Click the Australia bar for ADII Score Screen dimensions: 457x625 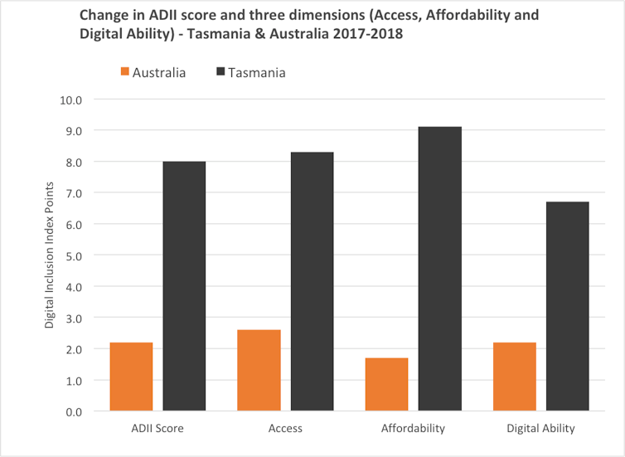coord(131,377)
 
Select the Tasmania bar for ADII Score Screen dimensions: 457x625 coord(184,286)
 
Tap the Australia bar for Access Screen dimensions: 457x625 coord(259,371)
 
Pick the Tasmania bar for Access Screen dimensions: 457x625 coord(312,281)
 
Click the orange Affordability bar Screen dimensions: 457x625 coord(386,384)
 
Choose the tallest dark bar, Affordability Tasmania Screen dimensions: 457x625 coord(439,269)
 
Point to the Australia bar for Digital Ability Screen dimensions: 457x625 coord(514,377)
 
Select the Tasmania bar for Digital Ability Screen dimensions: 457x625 coord(567,306)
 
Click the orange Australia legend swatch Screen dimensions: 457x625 coord(126,72)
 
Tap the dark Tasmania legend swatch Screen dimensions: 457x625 coord(221,72)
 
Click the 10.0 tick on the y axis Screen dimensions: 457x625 coord(72,100)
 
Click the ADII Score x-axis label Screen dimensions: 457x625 coord(157,429)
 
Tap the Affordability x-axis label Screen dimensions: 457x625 coord(413,429)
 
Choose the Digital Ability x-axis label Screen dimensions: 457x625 coord(540,429)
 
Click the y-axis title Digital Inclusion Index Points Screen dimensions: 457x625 coord(49,255)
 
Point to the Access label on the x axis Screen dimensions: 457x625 coord(285,429)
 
